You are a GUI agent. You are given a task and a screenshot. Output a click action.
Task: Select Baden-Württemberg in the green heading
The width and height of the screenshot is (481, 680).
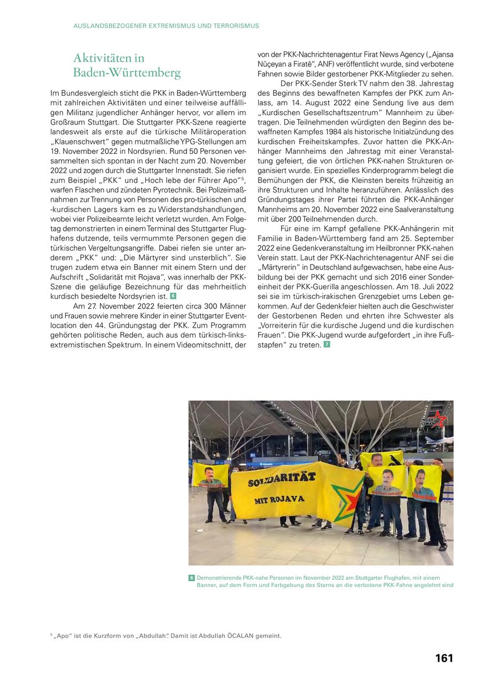click(x=127, y=73)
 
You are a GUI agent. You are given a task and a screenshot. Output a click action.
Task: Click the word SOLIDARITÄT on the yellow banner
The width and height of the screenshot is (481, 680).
click(x=282, y=480)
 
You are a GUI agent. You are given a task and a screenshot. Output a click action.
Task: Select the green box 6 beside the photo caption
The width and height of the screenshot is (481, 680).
click(x=191, y=578)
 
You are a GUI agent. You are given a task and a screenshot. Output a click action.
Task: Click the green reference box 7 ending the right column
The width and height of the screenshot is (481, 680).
click(x=327, y=345)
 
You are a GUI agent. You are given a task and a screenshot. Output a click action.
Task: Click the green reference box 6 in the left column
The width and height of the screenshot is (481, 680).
click(x=173, y=296)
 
